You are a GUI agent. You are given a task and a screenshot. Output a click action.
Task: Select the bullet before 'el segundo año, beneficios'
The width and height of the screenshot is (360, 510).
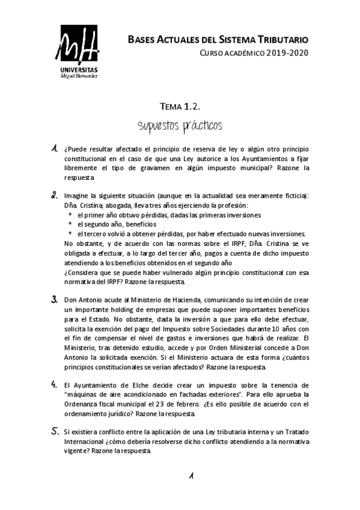pyautogui.click(x=70, y=224)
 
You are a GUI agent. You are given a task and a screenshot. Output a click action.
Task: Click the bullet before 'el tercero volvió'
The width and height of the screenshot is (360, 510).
pyautogui.click(x=70, y=234)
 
